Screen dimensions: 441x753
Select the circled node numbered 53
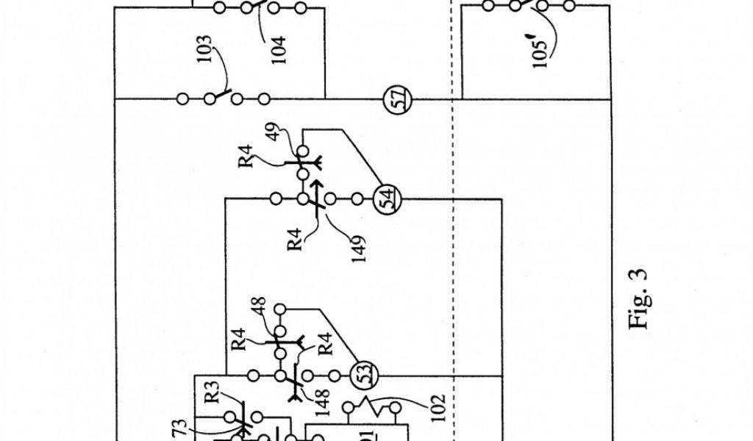point(361,376)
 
